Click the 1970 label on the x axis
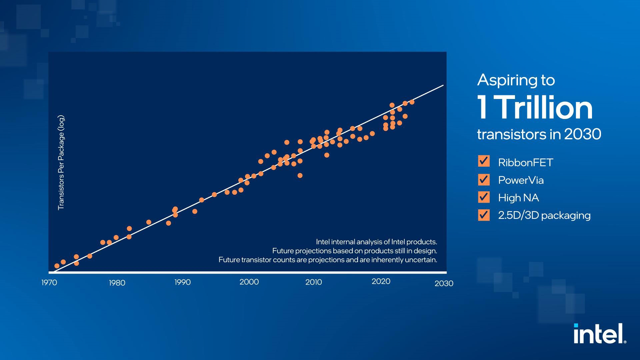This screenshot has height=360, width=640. point(49,283)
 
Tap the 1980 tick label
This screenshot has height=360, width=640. point(117,283)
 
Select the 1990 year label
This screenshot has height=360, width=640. point(183,282)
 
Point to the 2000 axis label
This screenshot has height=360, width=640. point(249,282)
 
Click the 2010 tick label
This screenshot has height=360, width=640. point(314,282)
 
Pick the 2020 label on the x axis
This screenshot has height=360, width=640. point(381,282)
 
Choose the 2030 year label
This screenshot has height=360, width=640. point(444,283)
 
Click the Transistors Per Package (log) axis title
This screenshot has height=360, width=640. point(61,163)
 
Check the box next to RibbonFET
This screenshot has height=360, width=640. point(484,161)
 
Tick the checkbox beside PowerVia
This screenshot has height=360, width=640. point(484,180)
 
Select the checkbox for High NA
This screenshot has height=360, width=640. point(484,197)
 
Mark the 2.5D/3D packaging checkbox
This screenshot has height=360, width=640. point(484,215)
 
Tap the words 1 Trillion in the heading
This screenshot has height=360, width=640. point(535,108)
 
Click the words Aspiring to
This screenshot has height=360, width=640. point(516,80)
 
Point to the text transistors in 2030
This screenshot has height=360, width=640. point(539,134)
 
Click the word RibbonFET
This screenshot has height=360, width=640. point(526,163)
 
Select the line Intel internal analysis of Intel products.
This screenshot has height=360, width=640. point(376,242)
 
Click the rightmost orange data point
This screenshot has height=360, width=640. point(412,102)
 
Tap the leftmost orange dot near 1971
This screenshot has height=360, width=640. point(57,266)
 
